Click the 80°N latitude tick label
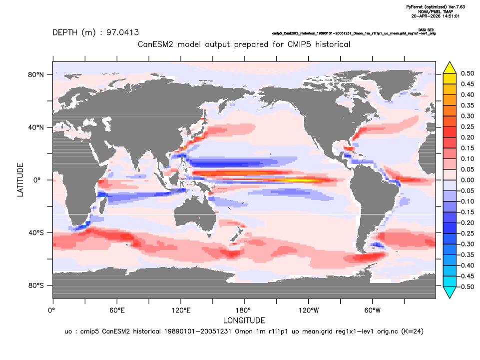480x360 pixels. tap(36, 75)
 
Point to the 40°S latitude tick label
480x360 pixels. tap(36, 233)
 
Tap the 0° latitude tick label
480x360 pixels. tap(37, 180)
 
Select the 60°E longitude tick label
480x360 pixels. tap(117, 310)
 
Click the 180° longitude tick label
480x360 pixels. tap(245, 310)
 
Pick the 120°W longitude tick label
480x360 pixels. tap(309, 310)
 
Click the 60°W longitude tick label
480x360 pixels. tap(373, 310)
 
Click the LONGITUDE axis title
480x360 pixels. tap(244, 320)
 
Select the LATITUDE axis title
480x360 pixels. tap(20, 180)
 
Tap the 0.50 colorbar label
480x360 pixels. tap(468, 73)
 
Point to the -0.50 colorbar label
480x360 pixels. tap(466, 287)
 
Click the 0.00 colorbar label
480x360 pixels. tap(468, 180)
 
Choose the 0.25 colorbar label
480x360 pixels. tap(468, 127)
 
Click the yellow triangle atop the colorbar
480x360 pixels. tap(450, 68)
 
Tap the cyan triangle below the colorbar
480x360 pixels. tap(450, 292)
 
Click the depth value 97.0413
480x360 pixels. tap(122, 32)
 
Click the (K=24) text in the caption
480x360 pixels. tap(413, 331)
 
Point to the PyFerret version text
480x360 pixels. tap(436, 6)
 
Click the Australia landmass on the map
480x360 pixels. tap(196, 214)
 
